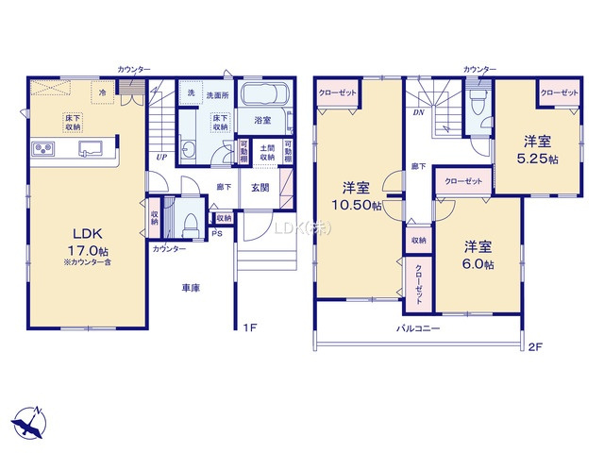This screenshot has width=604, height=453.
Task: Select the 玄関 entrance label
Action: tap(260, 187)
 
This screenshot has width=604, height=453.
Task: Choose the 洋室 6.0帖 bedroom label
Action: tap(478, 256)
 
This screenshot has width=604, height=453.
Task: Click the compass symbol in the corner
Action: tap(28, 421)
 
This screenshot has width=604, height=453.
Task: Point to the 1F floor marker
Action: tap(249, 327)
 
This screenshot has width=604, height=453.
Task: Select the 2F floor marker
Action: tap(535, 347)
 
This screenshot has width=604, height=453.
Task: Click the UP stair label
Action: tap(162, 157)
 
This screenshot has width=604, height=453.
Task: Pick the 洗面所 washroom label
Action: tap(218, 94)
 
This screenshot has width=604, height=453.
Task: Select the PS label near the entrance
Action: tap(216, 233)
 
